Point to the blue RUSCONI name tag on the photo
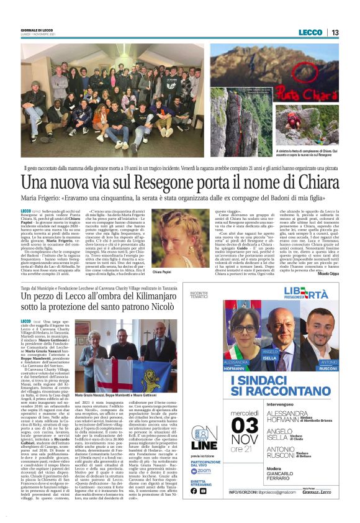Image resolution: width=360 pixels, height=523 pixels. point(326,363)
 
